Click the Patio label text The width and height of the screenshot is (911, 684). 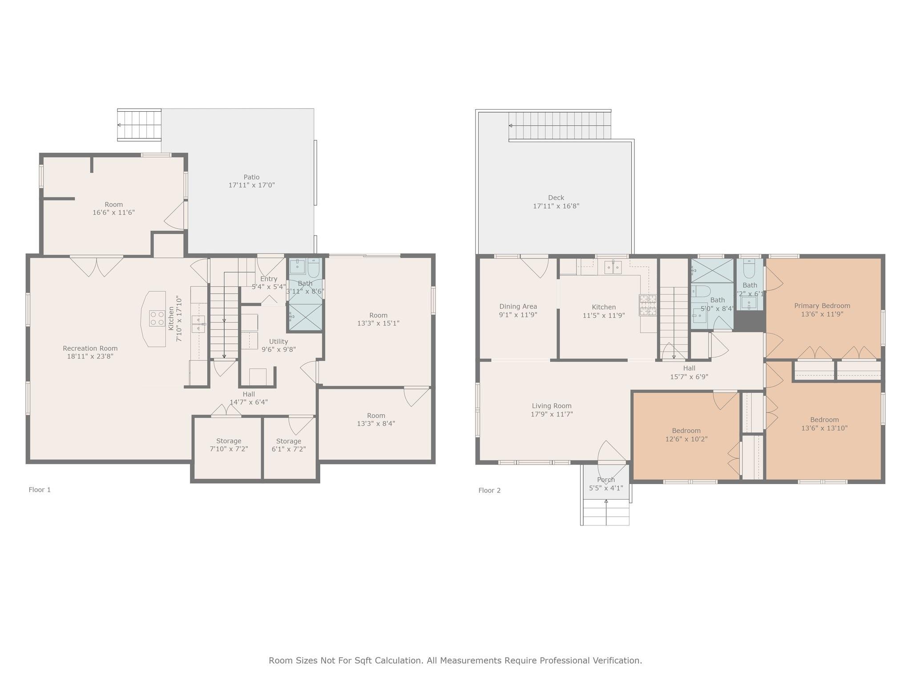[x=251, y=177]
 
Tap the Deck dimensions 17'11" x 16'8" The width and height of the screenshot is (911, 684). [x=556, y=206]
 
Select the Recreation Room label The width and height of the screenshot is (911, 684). [x=90, y=349]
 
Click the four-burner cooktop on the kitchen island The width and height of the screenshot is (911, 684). [x=157, y=318]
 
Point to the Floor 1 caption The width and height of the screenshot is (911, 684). [x=40, y=490]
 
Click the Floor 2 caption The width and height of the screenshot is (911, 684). [x=489, y=491]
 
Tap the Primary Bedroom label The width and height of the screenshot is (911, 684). [x=822, y=306]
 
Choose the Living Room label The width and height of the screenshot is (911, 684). [x=552, y=406]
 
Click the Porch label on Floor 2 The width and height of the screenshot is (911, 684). [x=606, y=480]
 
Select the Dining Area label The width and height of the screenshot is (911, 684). [x=518, y=306]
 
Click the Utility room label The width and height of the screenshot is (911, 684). [x=278, y=342]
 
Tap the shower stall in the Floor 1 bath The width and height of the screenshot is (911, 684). [x=306, y=317]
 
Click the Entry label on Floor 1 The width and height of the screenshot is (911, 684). [x=269, y=279]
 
